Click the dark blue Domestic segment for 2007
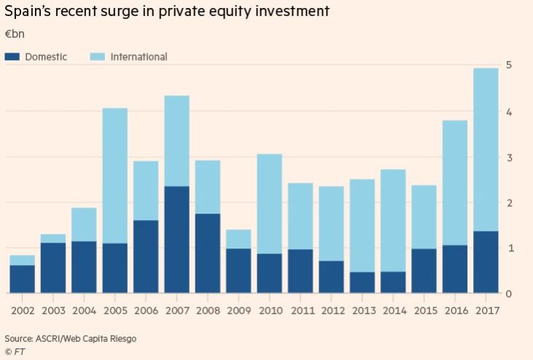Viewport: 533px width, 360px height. pos(176,240)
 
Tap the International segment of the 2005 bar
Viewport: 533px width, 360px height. pos(114,176)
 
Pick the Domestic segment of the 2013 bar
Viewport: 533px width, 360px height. pos(362,283)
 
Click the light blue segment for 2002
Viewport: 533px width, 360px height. pos(22,260)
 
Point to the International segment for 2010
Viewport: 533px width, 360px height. pos(269,203)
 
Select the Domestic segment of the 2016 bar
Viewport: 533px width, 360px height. pos(455,269)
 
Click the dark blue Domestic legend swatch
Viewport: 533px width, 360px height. pos(11,56)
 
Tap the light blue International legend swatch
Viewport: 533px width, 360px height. pos(96,56)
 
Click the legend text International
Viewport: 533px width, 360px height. pos(139,56)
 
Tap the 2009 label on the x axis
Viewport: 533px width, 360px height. pos(238,310)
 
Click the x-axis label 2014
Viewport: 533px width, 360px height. pos(393,310)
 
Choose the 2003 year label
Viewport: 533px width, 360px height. pos(52,310)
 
